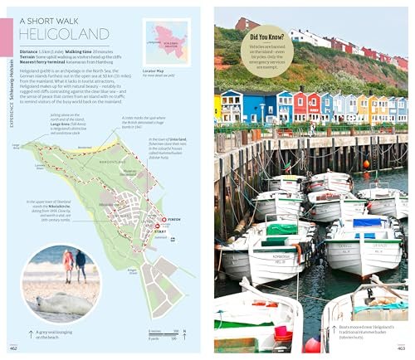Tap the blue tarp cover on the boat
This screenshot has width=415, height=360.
click(x=368, y=222)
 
